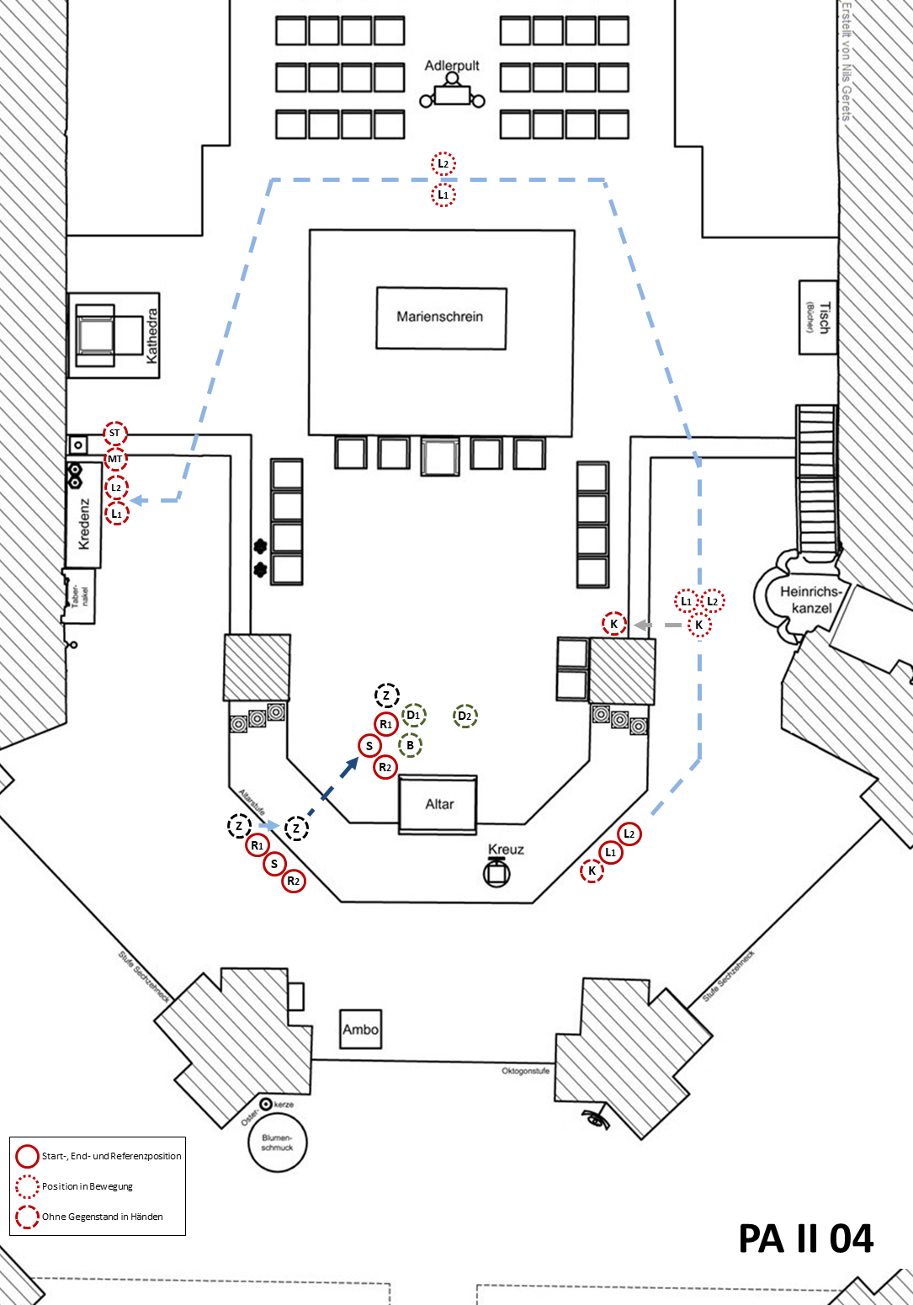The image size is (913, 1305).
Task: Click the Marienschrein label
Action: [440, 317]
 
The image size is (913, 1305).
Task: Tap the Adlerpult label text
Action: [452, 66]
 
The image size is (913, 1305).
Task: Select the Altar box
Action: [438, 804]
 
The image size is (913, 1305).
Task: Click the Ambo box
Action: [360, 1029]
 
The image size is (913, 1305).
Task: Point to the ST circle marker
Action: [115, 434]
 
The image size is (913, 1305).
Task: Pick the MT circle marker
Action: [115, 460]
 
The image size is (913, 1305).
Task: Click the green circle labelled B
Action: [410, 745]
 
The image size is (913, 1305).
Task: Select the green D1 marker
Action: [413, 716]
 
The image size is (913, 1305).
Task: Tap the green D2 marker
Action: [465, 716]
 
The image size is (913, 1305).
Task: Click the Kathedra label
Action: [152, 335]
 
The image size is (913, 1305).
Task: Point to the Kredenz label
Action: [84, 524]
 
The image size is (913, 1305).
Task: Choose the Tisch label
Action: [822, 317]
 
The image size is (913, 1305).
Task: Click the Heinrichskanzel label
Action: [811, 599]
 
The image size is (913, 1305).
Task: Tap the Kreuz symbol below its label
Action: [496, 873]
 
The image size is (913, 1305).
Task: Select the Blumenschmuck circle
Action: [278, 1143]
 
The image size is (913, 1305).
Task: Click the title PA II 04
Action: [805, 1238]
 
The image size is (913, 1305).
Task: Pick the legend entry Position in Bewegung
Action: [88, 1186]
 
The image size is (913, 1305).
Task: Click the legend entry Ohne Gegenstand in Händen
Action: [102, 1217]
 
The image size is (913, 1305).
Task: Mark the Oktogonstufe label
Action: [525, 1071]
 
